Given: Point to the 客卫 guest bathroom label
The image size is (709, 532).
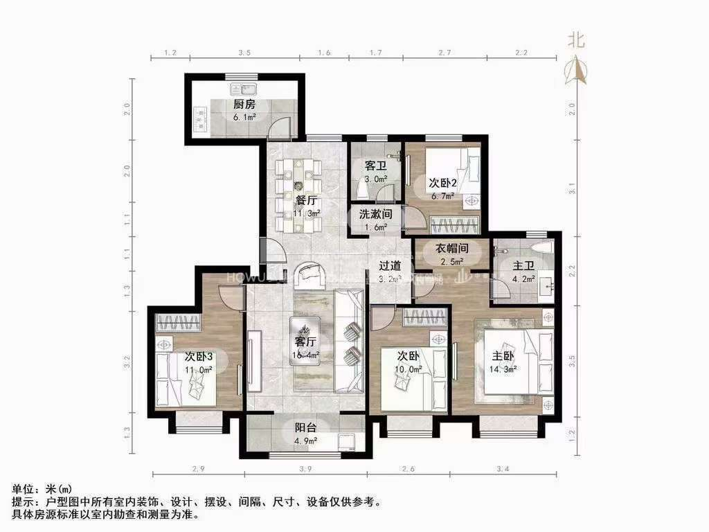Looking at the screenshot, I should click(x=375, y=166).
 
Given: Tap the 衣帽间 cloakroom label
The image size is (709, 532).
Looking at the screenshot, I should click(x=452, y=248).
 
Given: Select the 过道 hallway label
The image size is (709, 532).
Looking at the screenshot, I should click(x=390, y=265).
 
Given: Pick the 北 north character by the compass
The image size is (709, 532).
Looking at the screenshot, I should click(x=576, y=40).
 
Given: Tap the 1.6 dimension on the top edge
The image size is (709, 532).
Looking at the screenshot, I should click(x=324, y=53).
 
